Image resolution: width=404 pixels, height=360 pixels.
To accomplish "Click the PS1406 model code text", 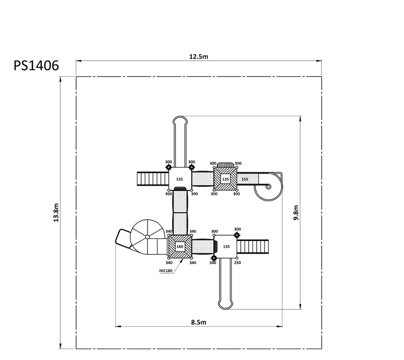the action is click(36, 66).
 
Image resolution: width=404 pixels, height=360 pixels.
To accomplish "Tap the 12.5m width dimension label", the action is click(199, 57).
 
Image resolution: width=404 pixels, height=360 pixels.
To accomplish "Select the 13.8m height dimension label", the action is click(56, 212).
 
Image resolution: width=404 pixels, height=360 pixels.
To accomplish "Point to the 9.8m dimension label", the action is click(296, 212).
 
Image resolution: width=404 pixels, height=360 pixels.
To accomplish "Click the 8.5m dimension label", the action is click(199, 322).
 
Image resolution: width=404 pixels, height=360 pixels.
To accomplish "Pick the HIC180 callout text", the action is click(166, 271).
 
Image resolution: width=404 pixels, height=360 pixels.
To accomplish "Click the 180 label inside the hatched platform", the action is click(180, 246).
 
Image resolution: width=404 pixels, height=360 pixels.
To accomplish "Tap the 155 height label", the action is click(245, 179).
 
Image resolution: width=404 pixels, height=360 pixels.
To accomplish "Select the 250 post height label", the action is click(237, 263).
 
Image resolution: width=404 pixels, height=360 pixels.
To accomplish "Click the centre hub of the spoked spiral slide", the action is click(147, 237).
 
